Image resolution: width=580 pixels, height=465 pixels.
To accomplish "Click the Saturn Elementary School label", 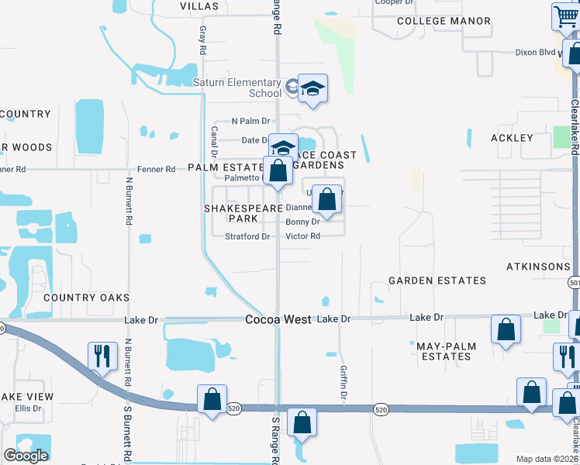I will click(x=248, y=88).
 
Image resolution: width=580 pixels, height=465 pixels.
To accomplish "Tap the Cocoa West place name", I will click(x=278, y=319).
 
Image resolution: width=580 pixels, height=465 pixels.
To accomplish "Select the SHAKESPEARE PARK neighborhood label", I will click(x=241, y=213).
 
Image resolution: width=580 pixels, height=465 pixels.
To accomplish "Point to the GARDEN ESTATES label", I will click(x=437, y=281).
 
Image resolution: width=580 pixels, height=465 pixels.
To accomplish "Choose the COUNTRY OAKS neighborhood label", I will click(x=86, y=298).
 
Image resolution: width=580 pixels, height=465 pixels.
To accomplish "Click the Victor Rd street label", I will click(x=302, y=236).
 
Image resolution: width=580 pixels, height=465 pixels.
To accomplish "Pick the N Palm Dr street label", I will click(x=250, y=121).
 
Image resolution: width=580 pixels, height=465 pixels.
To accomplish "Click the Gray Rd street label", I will click(x=203, y=40).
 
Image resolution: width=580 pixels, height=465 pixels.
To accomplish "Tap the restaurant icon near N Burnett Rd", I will click(x=102, y=356).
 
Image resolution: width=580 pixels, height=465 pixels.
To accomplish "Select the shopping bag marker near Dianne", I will click(x=328, y=199).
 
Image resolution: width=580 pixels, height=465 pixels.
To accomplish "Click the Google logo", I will click(x=26, y=456).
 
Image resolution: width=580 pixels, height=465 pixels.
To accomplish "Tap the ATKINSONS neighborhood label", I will click(x=538, y=267).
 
